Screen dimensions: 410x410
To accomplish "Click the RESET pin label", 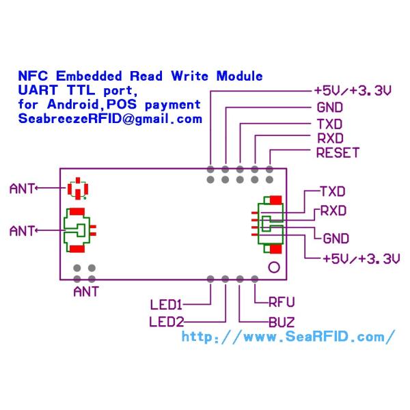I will (338, 153).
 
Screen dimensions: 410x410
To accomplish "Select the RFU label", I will (282, 301).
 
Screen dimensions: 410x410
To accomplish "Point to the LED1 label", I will (166, 303).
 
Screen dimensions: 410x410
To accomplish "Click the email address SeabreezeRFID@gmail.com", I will (110, 118).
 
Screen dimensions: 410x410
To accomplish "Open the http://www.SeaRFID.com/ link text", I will (288, 336).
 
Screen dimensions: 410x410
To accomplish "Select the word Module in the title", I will (239, 76).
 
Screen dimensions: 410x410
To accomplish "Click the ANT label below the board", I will (85, 292).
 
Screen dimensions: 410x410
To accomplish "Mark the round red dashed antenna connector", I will (79, 188).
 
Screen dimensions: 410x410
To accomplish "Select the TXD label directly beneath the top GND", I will (329, 124).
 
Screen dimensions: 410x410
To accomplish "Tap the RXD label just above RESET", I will (329, 139).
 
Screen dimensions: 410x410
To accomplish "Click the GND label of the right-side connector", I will (336, 238).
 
